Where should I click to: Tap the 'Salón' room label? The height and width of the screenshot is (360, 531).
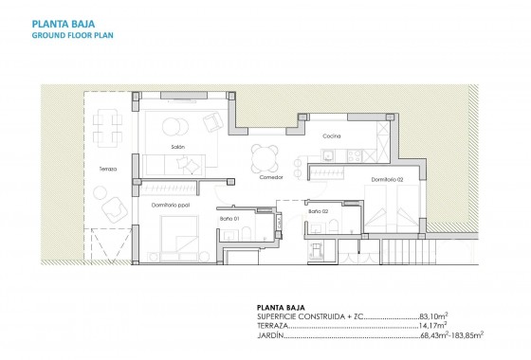click(x=177, y=148)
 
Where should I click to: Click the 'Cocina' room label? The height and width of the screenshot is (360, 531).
click(x=330, y=135)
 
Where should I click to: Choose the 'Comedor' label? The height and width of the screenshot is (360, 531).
click(x=272, y=178)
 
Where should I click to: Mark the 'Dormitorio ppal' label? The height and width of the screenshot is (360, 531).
click(x=172, y=204)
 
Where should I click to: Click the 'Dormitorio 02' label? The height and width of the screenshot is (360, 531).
click(x=387, y=179)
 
